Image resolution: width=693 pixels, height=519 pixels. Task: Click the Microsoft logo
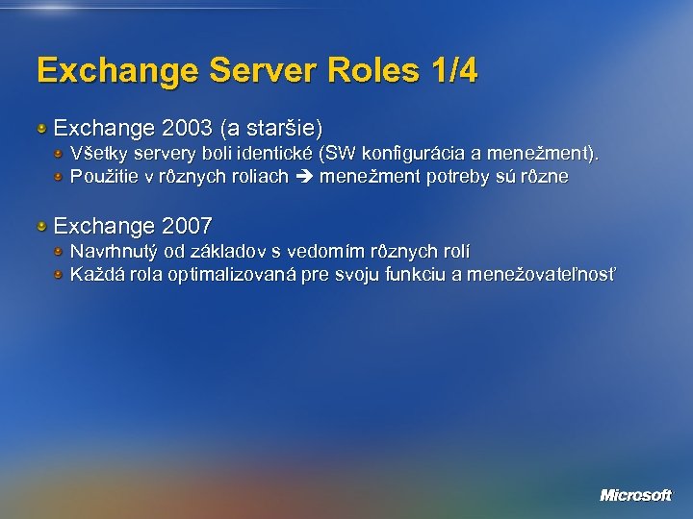pos(635,495)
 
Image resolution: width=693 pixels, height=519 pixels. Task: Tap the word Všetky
pos(96,154)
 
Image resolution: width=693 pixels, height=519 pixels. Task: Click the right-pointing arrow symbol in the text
pos(304,177)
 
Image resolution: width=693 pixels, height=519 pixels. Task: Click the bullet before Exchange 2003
pos(41,127)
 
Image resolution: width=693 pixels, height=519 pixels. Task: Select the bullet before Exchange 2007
pos(41,226)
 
